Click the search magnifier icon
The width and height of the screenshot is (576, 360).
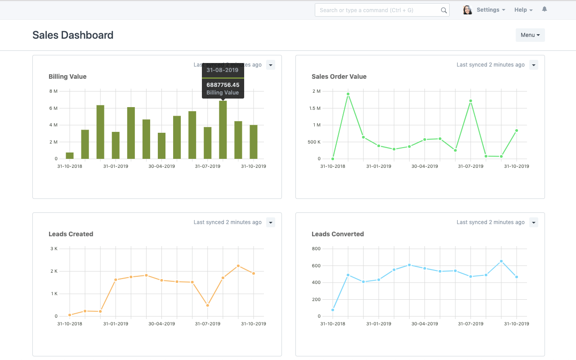point(444,10)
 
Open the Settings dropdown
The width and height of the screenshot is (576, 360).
point(491,10)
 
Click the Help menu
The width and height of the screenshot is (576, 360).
point(523,10)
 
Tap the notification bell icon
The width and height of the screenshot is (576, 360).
point(545,9)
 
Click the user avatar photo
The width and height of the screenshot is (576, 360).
point(468,10)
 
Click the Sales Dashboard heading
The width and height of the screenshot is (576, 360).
point(73,35)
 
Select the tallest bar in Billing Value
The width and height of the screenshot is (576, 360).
point(223,130)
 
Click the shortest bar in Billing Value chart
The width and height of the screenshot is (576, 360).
point(70,156)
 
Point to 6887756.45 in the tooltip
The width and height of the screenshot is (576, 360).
point(223,85)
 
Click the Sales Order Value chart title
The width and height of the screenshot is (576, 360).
point(339,76)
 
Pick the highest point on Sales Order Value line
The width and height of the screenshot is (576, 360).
point(348,94)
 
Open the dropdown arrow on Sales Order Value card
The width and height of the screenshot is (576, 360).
point(533,65)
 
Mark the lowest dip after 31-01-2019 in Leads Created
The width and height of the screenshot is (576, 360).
point(208,305)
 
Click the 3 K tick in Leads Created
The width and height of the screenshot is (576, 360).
point(54,249)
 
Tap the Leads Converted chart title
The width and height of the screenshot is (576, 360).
point(337,234)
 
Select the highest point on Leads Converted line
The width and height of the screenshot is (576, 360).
point(501,261)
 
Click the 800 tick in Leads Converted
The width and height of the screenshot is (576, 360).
point(316,249)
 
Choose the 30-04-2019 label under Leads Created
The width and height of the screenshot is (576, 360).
point(162,324)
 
